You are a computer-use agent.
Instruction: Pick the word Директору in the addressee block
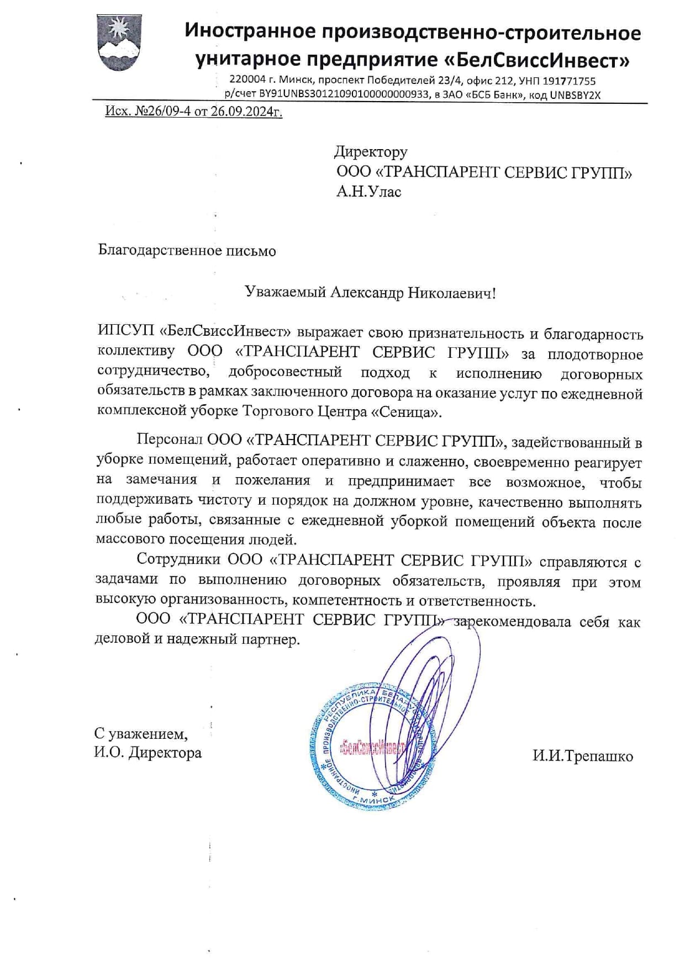coord(371,151)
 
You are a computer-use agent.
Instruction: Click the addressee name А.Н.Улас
coord(368,192)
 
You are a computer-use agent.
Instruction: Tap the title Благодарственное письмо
coord(187,251)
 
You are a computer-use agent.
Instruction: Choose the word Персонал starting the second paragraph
coord(169,440)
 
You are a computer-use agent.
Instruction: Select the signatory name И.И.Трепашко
coord(582,756)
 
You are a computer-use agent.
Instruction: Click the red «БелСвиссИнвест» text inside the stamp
coord(372,748)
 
